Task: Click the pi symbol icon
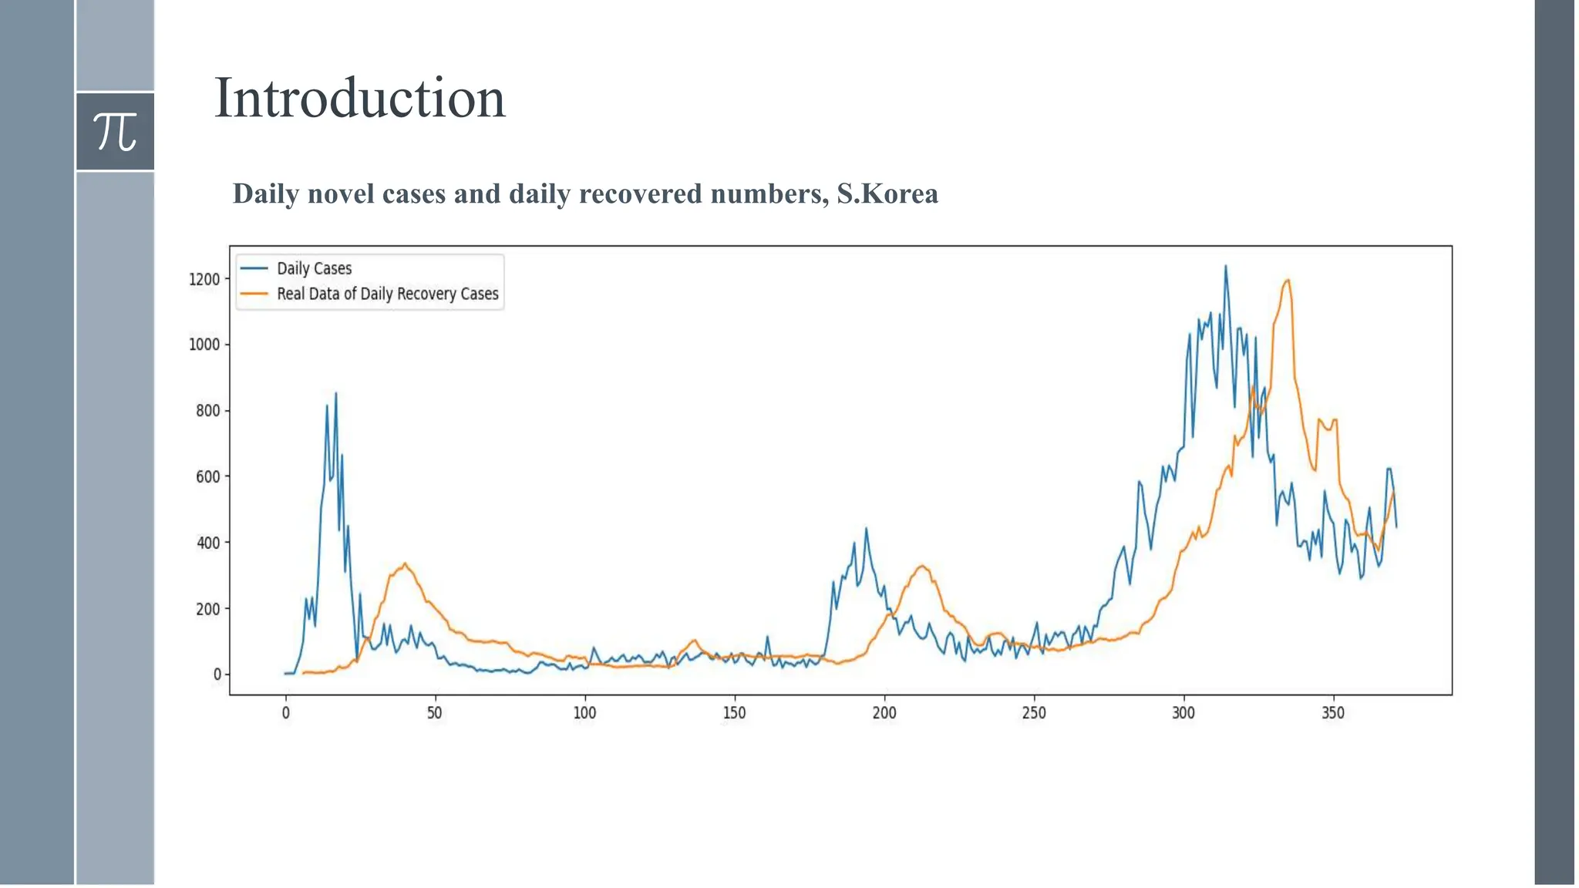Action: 115,131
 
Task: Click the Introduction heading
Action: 359,98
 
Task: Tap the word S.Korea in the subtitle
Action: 887,193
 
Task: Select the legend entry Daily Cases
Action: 314,268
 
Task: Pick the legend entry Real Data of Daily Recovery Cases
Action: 387,294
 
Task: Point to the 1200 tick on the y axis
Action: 204,279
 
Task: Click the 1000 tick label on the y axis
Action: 204,345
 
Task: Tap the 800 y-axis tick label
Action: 207,411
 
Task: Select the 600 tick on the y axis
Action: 207,476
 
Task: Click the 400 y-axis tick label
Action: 207,543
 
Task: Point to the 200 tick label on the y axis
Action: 207,609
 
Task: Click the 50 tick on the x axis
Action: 435,713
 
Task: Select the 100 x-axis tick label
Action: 584,713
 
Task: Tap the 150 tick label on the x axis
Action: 734,713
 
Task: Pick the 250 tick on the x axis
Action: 1034,713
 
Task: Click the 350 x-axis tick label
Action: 1333,713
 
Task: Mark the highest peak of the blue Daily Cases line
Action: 1226,267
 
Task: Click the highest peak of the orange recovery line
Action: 1287,281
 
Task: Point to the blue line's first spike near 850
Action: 335,394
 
